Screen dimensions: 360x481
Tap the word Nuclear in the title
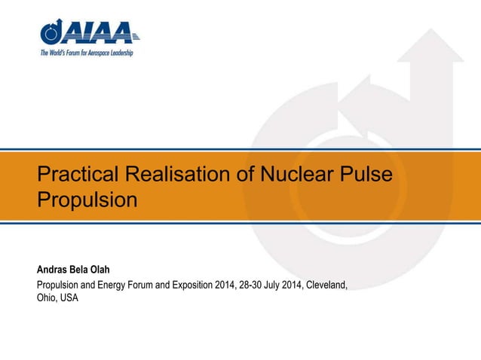pyautogui.click(x=294, y=176)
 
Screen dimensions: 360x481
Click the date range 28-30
pyautogui.click(x=251, y=285)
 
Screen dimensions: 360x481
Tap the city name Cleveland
pyautogui.click(x=324, y=285)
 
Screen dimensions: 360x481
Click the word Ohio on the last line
pyautogui.click(x=47, y=297)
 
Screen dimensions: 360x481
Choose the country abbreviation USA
pyautogui.click(x=69, y=297)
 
